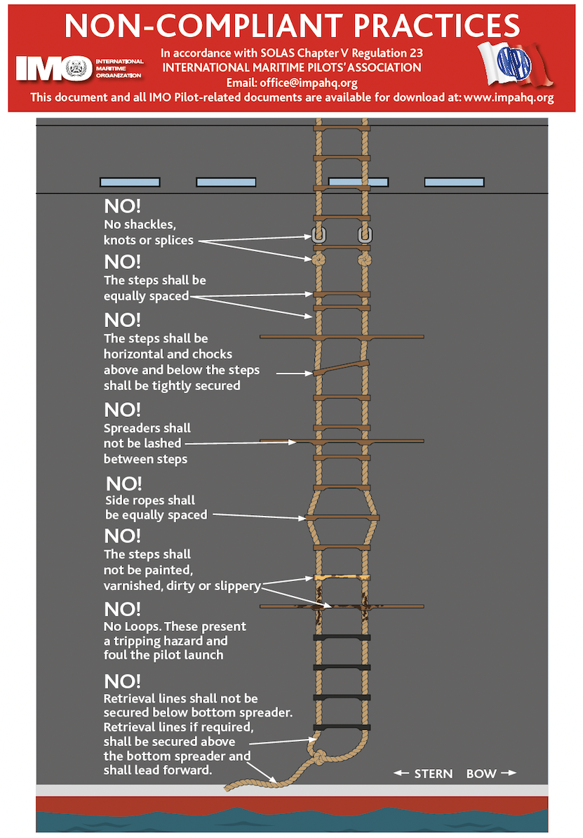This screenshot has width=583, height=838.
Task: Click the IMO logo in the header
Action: point(54,67)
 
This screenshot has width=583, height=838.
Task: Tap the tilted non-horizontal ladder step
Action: point(342,367)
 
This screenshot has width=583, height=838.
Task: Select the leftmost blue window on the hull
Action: point(130,182)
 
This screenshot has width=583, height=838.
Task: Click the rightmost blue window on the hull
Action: point(454,182)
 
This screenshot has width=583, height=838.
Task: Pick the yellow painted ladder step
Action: point(342,577)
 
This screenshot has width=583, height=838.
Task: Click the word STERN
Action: point(433,773)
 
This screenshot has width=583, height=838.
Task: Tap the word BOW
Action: point(481,773)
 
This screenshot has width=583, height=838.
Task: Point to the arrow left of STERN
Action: point(401,773)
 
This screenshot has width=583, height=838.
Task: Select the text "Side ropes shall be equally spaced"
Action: point(156,507)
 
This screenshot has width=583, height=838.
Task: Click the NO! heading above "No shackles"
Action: point(122,206)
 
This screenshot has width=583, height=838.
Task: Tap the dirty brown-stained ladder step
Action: point(342,606)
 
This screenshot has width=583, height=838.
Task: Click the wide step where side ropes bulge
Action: point(342,518)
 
